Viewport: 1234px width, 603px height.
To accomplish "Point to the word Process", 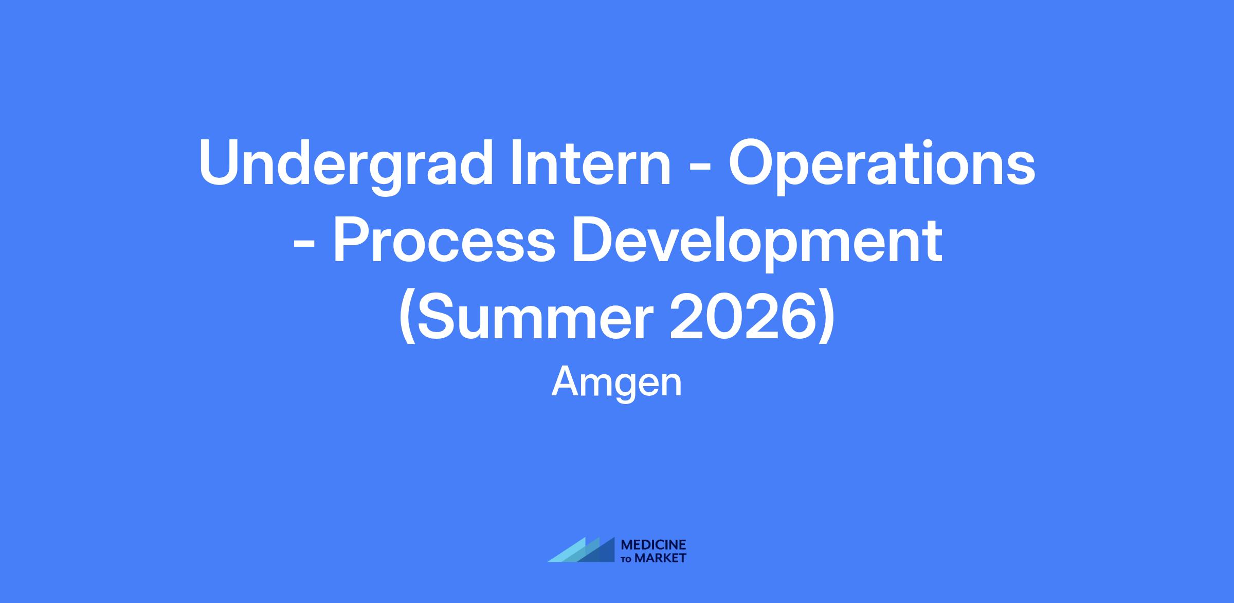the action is [444, 241].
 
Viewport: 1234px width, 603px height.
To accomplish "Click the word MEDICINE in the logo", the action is [654, 545].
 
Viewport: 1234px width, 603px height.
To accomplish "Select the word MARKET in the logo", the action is [660, 558].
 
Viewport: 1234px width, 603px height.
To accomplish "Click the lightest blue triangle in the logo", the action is [566, 551].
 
